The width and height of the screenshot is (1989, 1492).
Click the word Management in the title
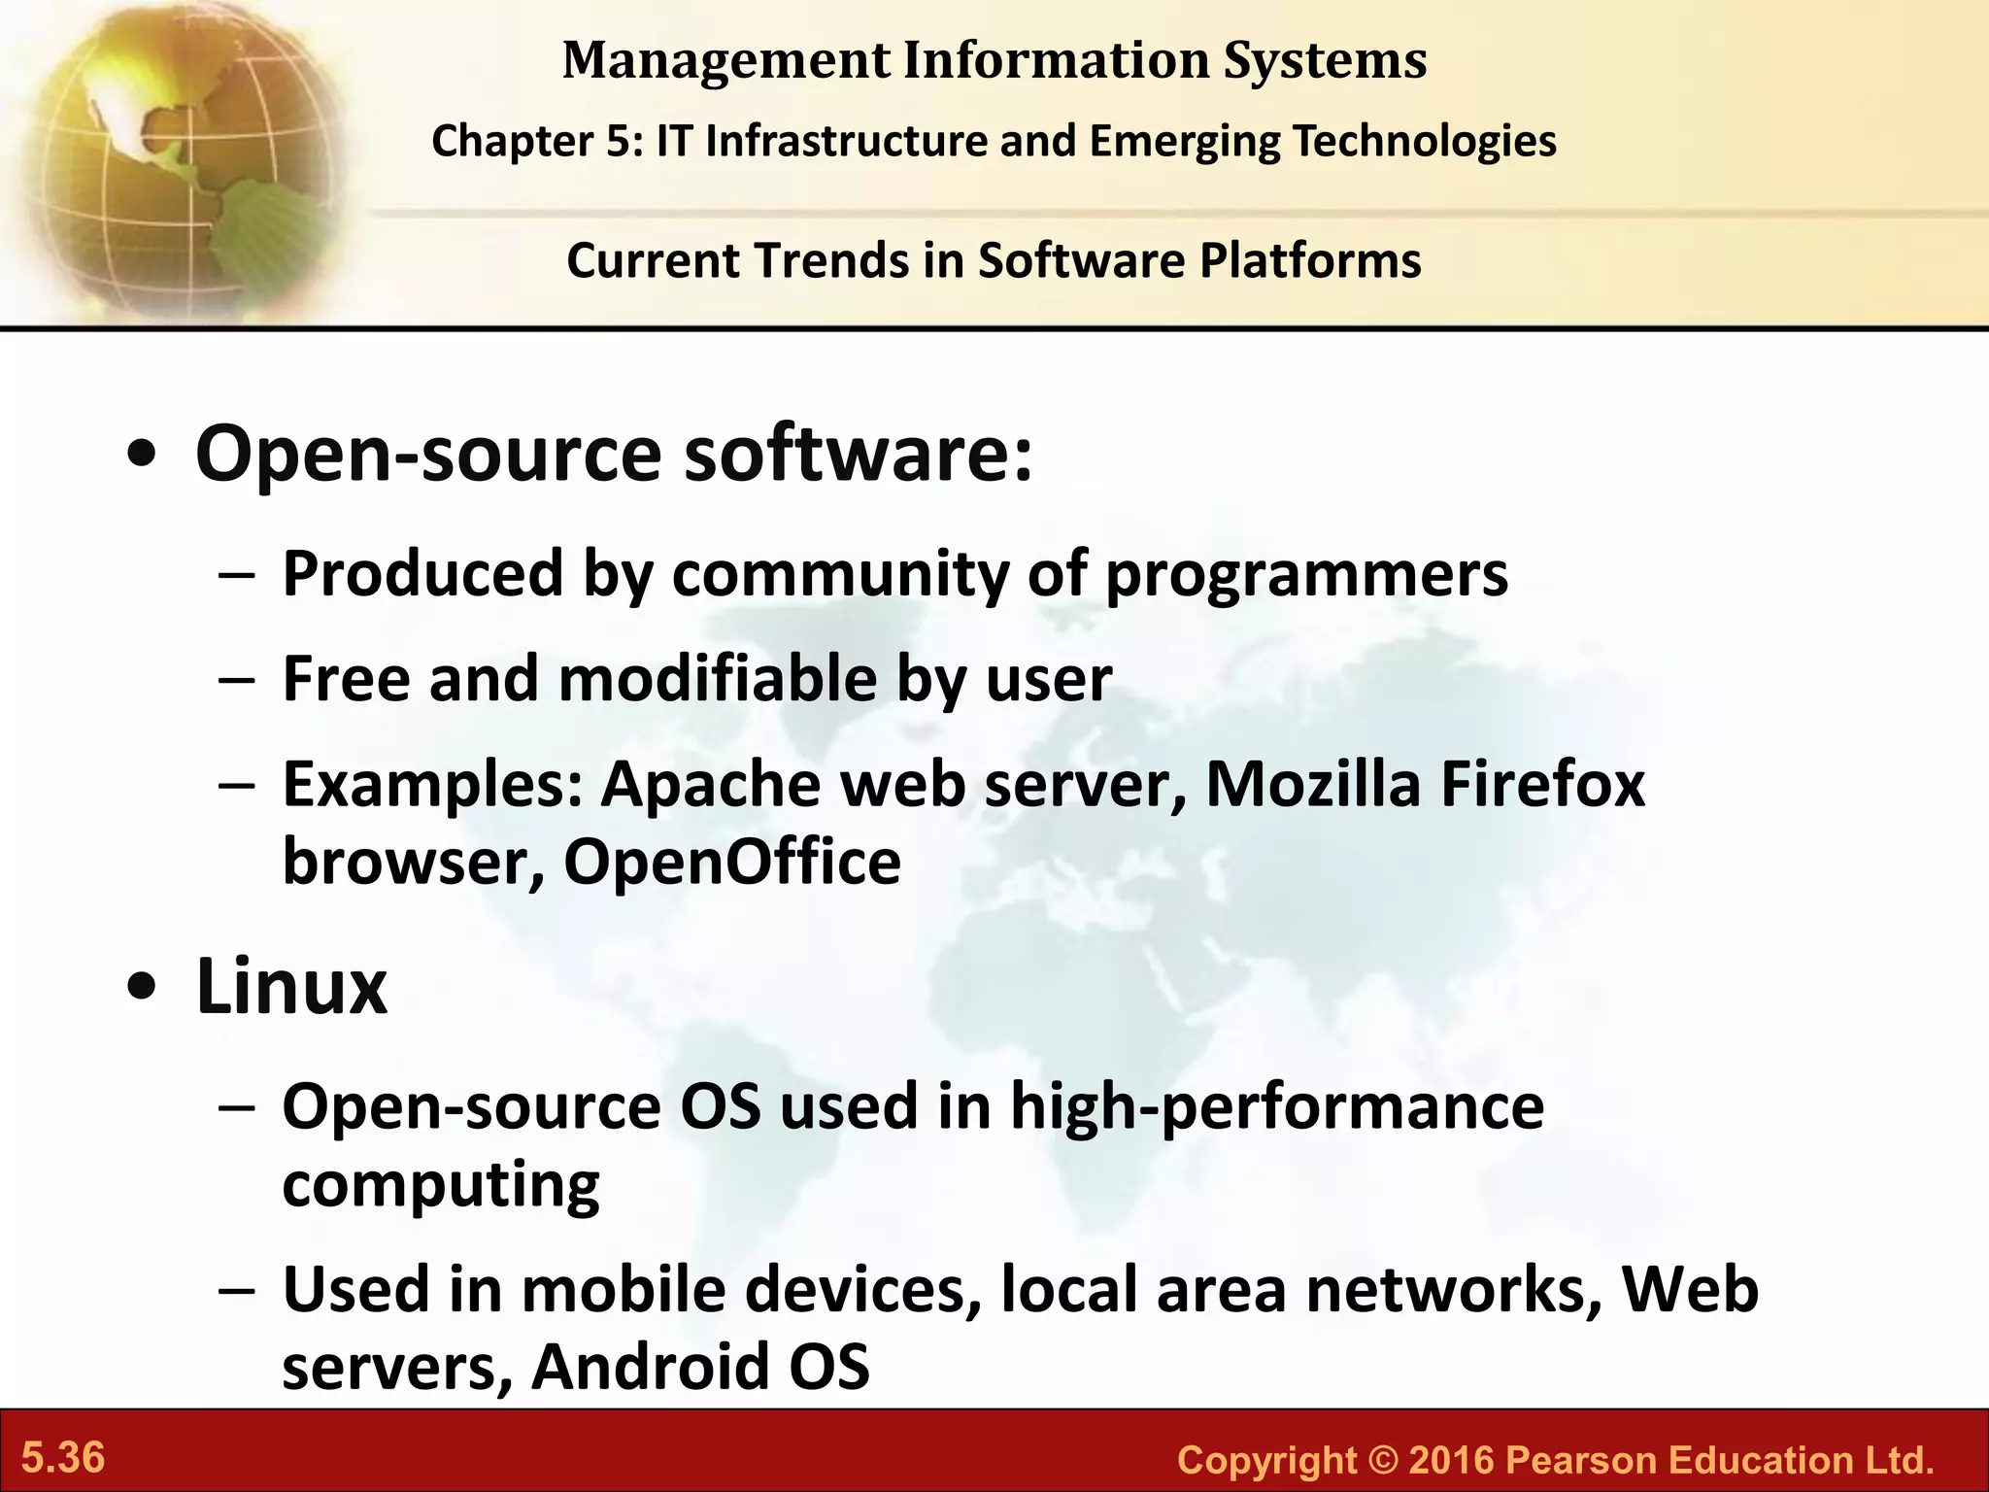[x=725, y=60]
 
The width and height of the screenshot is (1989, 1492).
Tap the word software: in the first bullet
[x=859, y=454]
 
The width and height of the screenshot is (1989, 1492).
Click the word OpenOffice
[x=732, y=862]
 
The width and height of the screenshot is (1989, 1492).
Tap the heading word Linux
[x=291, y=987]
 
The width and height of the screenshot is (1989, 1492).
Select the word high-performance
[x=1276, y=1107]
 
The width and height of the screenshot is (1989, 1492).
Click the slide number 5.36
[x=63, y=1458]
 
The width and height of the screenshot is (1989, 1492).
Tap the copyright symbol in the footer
[x=1382, y=1460]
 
